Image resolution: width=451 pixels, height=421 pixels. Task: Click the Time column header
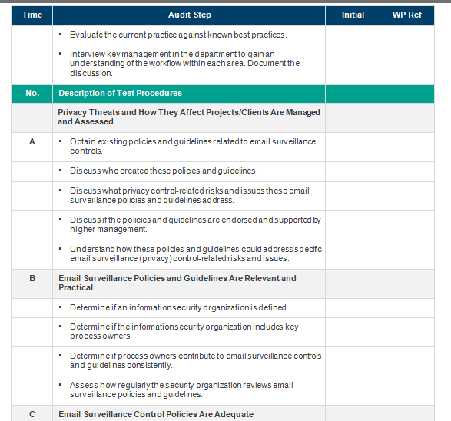point(32,15)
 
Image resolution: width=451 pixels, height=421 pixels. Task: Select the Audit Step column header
point(189,15)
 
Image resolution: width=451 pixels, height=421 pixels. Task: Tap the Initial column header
point(353,15)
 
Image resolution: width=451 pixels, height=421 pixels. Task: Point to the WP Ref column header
point(413,15)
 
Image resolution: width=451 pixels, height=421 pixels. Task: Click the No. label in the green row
point(32,93)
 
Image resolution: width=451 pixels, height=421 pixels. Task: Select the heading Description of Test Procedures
point(121,93)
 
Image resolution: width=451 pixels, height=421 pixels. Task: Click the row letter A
point(32,141)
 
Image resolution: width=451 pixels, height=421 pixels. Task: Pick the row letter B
point(32,278)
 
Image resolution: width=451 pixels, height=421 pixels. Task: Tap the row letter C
point(32,414)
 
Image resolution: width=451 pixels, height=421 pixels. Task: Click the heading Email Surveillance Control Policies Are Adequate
point(156,414)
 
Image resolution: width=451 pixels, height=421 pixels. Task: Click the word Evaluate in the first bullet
point(86,35)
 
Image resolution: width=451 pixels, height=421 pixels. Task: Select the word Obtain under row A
point(82,141)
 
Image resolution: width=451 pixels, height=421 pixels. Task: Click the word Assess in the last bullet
point(82,385)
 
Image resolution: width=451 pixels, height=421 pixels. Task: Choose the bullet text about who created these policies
point(164,171)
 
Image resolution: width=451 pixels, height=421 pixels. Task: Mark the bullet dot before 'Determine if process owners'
point(61,356)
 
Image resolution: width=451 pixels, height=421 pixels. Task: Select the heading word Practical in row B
point(75,287)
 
